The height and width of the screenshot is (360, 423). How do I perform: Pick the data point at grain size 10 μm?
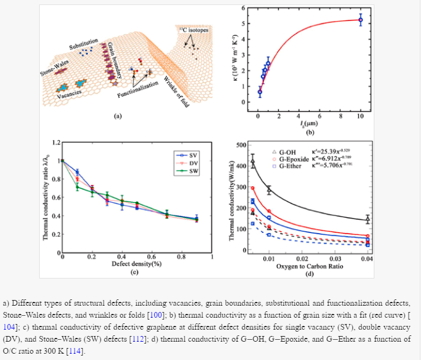pyautogui.click(x=360, y=20)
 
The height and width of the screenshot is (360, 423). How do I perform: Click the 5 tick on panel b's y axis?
pyautogui.click(x=243, y=24)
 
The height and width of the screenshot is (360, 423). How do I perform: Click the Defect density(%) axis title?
pyautogui.click(x=134, y=264)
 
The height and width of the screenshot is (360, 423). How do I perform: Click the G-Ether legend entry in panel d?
pyautogui.click(x=287, y=167)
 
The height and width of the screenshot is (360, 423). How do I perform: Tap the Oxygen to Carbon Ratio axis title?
pyautogui.click(x=309, y=266)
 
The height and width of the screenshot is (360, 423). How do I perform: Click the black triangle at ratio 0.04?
pyautogui.click(x=367, y=220)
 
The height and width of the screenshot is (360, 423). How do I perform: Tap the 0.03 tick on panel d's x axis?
pyautogui.click(x=335, y=258)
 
